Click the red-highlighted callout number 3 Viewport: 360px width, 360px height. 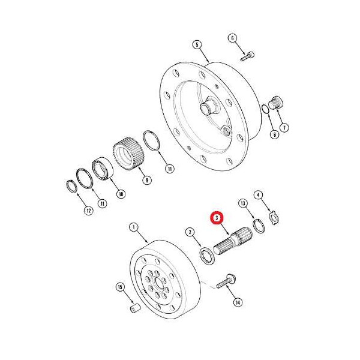(x=217, y=217)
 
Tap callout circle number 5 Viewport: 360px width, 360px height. (x=197, y=44)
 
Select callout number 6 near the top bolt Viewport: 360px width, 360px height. (x=232, y=38)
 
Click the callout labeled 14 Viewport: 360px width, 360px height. (x=238, y=302)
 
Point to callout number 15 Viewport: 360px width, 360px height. (x=120, y=287)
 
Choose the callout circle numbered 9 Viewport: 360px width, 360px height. (x=147, y=180)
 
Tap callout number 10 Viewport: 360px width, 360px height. (x=121, y=194)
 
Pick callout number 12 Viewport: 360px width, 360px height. (x=89, y=211)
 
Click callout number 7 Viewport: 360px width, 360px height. (x=284, y=127)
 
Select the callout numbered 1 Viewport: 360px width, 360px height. (x=134, y=227)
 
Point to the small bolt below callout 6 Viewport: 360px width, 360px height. (x=247, y=56)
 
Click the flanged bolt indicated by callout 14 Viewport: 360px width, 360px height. (x=225, y=281)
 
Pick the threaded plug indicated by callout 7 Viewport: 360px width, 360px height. (x=276, y=103)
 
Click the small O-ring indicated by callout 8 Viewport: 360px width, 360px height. (x=265, y=109)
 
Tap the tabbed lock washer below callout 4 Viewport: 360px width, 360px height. (x=274, y=217)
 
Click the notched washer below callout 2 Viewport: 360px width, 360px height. (x=208, y=256)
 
